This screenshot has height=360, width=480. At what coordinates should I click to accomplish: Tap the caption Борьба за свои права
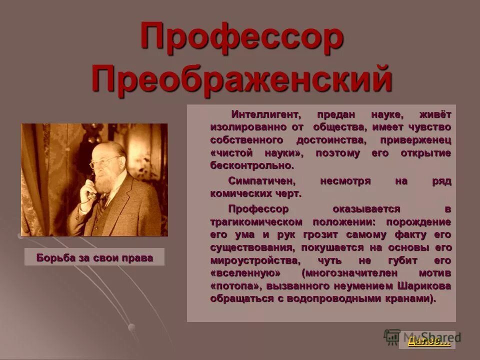[x=94, y=257]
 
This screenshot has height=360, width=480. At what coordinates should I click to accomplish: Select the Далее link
[x=429, y=341]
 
